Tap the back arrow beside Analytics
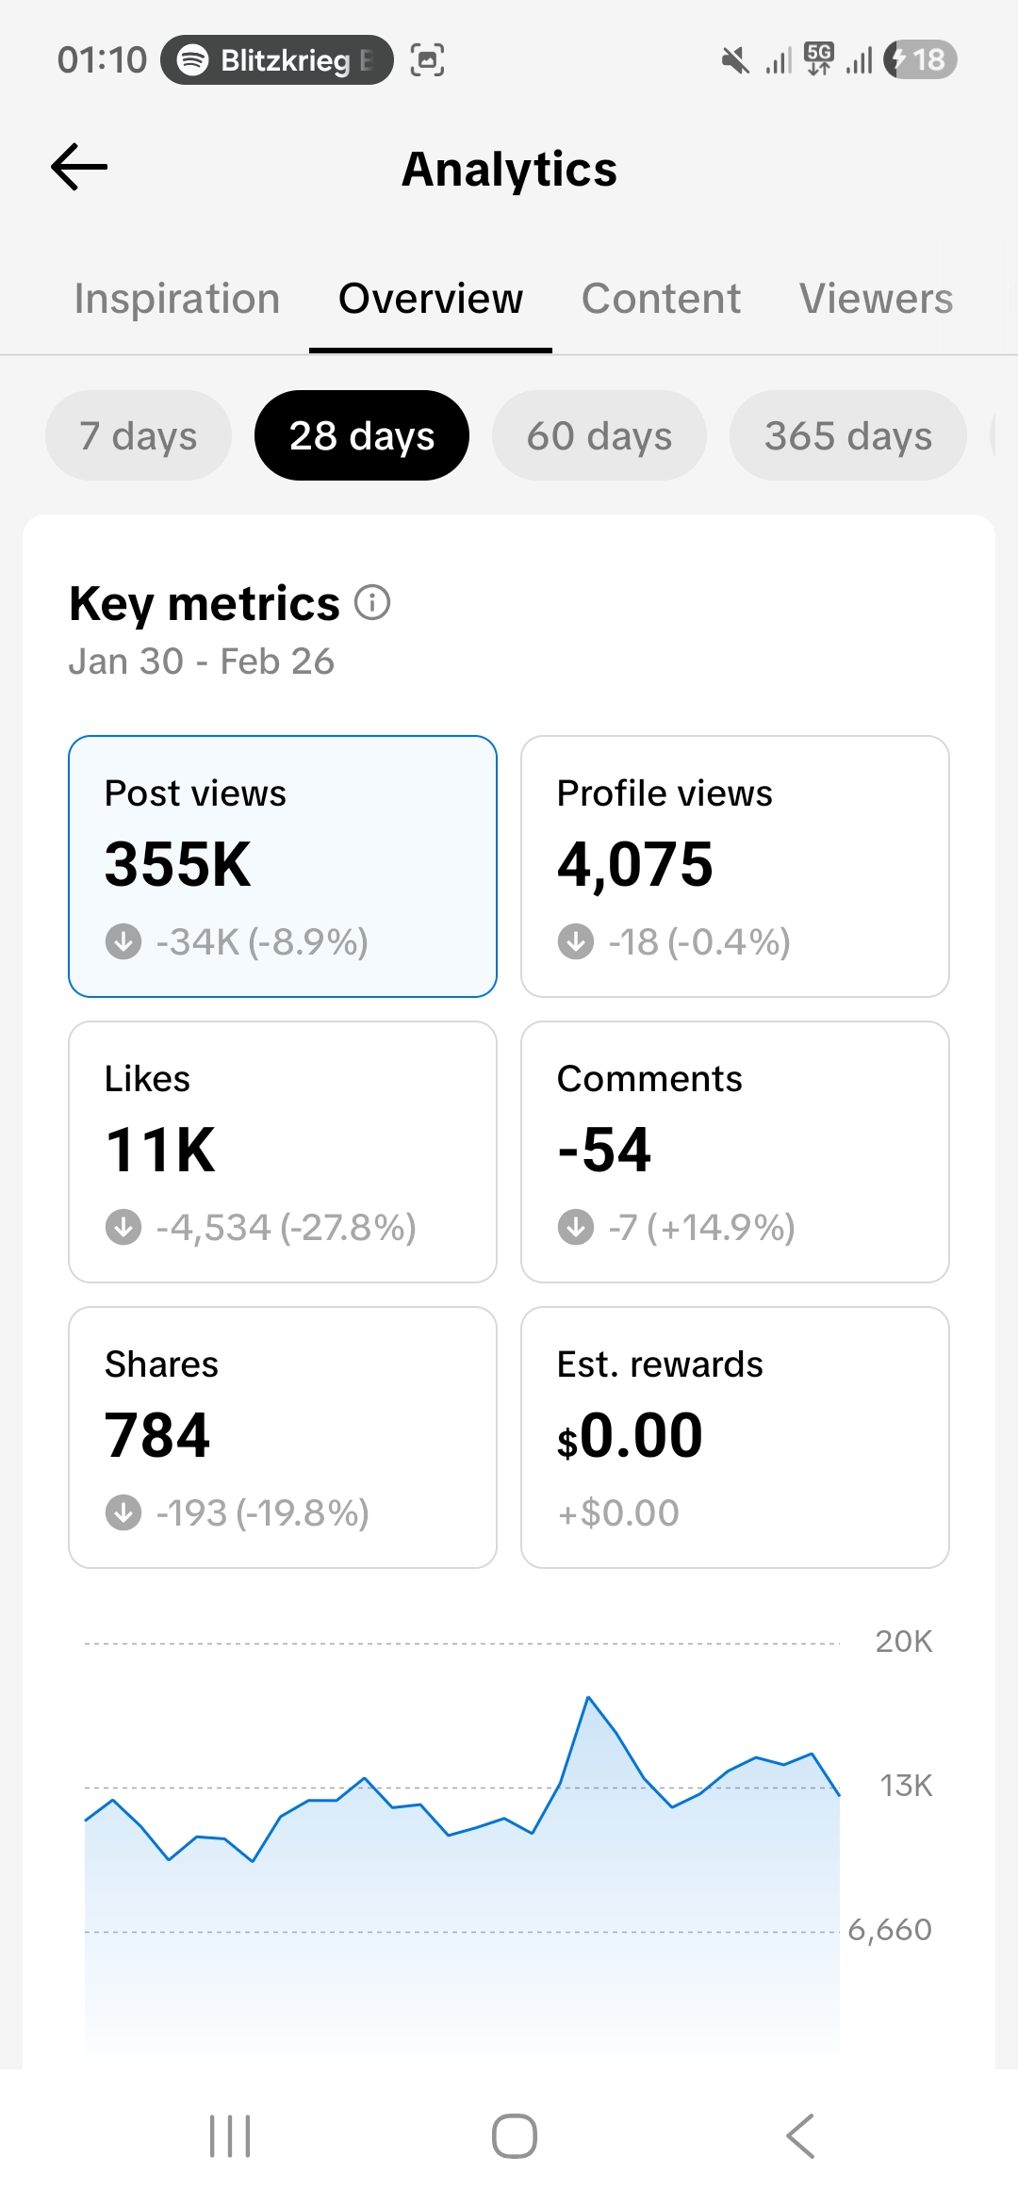[79, 168]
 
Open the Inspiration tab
[177, 299]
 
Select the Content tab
[661, 299]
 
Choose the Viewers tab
[876, 299]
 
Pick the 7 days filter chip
[139, 435]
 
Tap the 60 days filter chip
[599, 435]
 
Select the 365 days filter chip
[847, 435]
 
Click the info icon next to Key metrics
[372, 602]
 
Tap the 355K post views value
[178, 864]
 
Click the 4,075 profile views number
[634, 864]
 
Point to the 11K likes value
[160, 1150]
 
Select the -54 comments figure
[604, 1150]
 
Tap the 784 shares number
[157, 1435]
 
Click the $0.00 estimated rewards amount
[630, 1435]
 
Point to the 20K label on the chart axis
[903, 1641]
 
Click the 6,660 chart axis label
[889, 1930]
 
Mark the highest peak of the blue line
[588, 1698]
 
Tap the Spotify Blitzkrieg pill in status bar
[276, 60]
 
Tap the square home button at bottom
[514, 2136]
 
